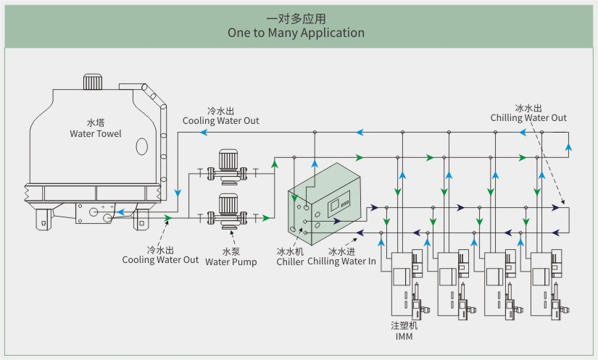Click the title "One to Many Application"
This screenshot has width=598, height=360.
296,33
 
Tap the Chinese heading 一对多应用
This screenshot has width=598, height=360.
296,18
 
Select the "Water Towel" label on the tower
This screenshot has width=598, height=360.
96,133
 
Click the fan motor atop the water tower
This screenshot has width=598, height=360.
94,81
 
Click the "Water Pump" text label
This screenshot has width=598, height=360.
231,261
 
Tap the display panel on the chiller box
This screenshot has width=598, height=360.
339,205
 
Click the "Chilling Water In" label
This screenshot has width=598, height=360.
341,261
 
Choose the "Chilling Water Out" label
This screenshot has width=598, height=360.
528,117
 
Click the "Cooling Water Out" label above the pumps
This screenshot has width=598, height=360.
220,120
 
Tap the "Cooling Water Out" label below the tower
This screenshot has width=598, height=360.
160,259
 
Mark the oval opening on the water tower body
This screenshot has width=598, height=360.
141,147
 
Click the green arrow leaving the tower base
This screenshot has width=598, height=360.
167,217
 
